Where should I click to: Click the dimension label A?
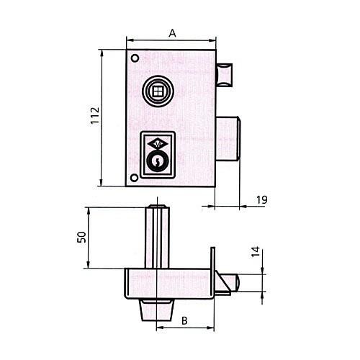pos(172,33)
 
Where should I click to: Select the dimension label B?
pos(184,320)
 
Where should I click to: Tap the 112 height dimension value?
pos(95,115)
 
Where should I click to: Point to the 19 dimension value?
pos(262,199)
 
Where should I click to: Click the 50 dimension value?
pos(82,237)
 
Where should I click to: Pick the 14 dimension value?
pos(256,252)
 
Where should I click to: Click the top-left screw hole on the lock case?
pos(135,58)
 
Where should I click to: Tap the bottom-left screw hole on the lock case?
pos(134,178)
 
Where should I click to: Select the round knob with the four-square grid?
pos(158,91)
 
